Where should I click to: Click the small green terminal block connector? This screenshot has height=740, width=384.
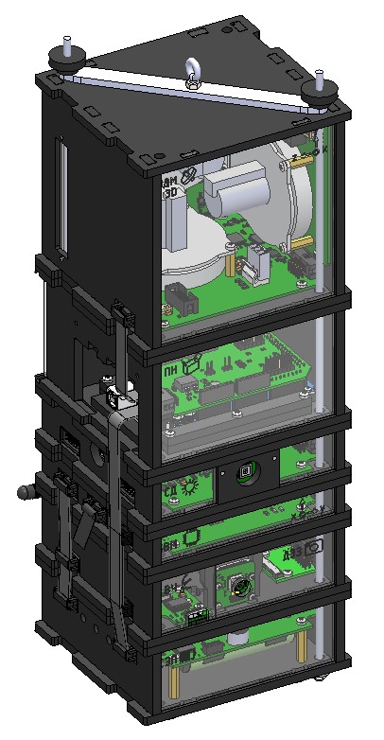point(199,615)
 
